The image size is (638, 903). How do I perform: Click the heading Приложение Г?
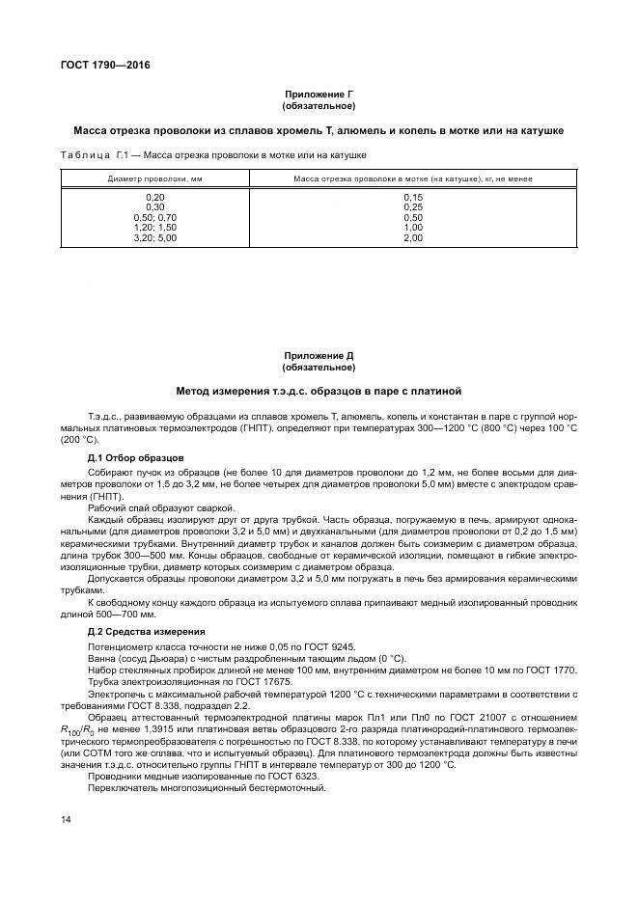pyautogui.click(x=319, y=94)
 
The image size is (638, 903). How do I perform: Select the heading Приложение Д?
pyautogui.click(x=319, y=357)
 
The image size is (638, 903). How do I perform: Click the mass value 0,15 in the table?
pyautogui.click(x=413, y=197)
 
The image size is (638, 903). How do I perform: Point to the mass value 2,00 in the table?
pyautogui.click(x=413, y=236)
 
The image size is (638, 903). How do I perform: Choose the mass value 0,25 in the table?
pyautogui.click(x=413, y=206)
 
